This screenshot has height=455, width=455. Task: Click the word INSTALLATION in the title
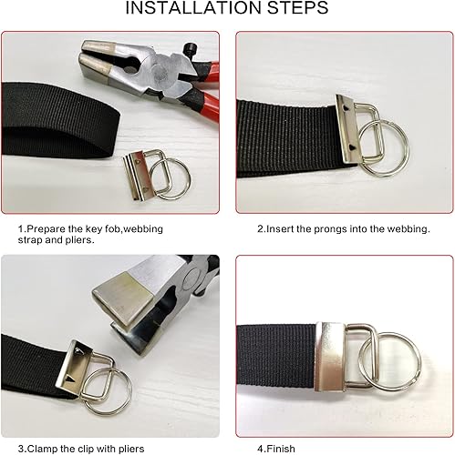point(193,8)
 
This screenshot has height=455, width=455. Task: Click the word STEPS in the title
point(297,8)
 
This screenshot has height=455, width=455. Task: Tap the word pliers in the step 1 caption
point(78,240)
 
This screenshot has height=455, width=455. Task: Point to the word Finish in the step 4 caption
point(281,449)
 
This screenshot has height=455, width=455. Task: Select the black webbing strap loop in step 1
point(57,121)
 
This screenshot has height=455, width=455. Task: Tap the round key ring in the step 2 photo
point(384,148)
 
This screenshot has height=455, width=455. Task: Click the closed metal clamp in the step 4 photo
point(330,357)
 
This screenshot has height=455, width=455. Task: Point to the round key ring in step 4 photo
point(389,361)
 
